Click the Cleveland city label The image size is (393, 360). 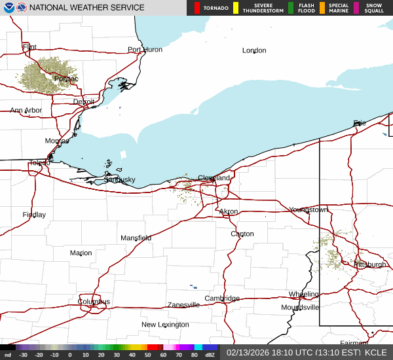pyautogui.click(x=214, y=178)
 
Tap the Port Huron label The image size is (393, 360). pyautogui.click(x=145, y=50)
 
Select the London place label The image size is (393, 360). pyautogui.click(x=254, y=50)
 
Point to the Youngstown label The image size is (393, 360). pyautogui.click(x=308, y=209)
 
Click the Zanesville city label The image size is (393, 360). pyautogui.click(x=183, y=305)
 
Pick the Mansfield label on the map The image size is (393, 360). pyautogui.click(x=136, y=238)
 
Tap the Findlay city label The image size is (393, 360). pyautogui.click(x=34, y=215)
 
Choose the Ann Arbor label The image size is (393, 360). pyautogui.click(x=26, y=111)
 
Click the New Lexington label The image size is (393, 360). pyautogui.click(x=165, y=325)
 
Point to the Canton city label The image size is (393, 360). pyautogui.click(x=242, y=234)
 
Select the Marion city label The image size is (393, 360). pyautogui.click(x=81, y=253)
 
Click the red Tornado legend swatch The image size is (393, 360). pyautogui.click(x=197, y=8)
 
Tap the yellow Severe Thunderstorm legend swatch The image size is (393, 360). pyautogui.click(x=236, y=8)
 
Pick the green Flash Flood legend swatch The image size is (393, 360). pyautogui.click(x=291, y=8)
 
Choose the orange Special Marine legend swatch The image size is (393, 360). pyautogui.click(x=322, y=8)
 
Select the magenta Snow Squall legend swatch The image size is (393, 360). pyautogui.click(x=356, y=8)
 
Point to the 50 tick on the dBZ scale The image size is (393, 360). pyautogui.click(x=148, y=355)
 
